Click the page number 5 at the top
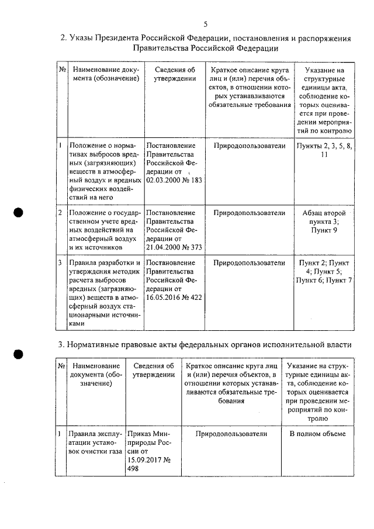[205, 24]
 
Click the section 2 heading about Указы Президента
[205, 44]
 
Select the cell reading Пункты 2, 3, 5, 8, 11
[324, 150]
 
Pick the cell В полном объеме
[317, 434]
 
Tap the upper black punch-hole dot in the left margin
[19, 213]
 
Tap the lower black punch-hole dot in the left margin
[19, 355]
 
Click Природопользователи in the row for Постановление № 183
[249, 146]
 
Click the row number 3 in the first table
[61, 263]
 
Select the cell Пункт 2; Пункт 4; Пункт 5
[324, 272]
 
